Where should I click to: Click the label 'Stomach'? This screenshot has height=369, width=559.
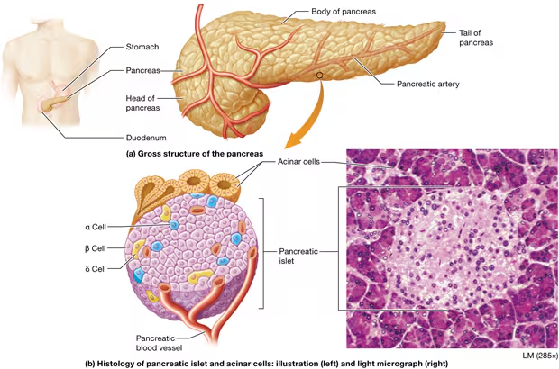click(142, 47)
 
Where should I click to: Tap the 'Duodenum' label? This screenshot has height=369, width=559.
click(146, 138)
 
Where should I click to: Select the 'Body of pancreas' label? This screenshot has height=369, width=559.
click(344, 12)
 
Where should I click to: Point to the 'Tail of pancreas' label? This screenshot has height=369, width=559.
click(476, 38)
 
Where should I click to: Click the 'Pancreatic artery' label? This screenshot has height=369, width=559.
click(427, 84)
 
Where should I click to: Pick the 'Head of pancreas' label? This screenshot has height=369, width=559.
click(142, 103)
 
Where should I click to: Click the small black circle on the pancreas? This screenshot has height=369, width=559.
click(319, 75)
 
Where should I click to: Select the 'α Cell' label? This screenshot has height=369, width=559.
click(96, 227)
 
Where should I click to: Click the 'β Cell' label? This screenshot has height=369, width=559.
click(96, 248)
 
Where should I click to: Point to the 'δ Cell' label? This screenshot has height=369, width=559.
click(96, 269)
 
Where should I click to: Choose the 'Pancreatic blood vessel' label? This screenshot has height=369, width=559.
click(159, 343)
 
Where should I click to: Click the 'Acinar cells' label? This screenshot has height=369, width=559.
click(298, 162)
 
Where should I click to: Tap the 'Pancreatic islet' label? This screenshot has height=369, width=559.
click(298, 256)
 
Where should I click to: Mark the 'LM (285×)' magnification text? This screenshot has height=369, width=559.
click(540, 355)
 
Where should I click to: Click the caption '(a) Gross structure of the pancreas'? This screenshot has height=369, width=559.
click(195, 154)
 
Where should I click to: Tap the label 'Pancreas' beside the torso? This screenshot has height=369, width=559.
click(142, 70)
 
